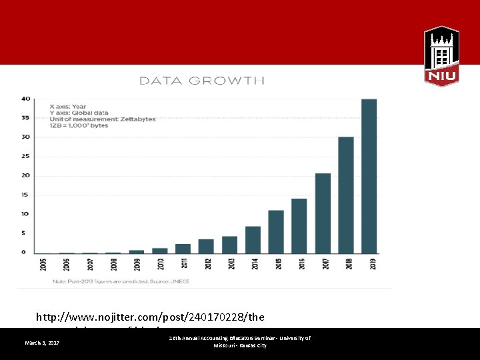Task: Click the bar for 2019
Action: [369, 176]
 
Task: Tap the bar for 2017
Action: [323, 213]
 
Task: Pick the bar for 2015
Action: [276, 231]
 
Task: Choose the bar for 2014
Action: [253, 239]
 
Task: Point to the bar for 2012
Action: [206, 246]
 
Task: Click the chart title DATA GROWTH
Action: [202, 81]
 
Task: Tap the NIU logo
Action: [441, 56]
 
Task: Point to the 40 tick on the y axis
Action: [25, 99]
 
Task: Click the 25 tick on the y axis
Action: [25, 156]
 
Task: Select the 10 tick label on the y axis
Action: [25, 213]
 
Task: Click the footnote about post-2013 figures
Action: [121, 281]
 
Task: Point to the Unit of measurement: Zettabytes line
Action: [103, 119]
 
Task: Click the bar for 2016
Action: [299, 226]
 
